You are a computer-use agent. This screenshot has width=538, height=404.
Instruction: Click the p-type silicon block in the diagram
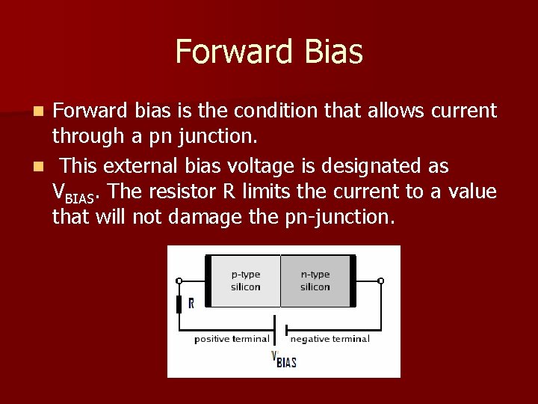tap(245, 281)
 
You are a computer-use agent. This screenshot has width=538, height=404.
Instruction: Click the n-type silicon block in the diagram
tap(315, 281)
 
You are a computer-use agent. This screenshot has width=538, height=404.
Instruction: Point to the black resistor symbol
tap(179, 304)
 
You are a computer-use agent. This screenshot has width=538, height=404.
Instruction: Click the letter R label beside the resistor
tap(191, 304)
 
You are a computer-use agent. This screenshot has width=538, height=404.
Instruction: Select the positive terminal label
tap(231, 339)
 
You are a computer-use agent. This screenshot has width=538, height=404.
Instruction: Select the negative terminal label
tap(330, 339)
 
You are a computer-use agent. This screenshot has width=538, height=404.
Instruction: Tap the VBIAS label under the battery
tap(283, 360)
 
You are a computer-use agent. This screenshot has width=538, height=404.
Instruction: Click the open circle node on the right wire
tap(380, 281)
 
